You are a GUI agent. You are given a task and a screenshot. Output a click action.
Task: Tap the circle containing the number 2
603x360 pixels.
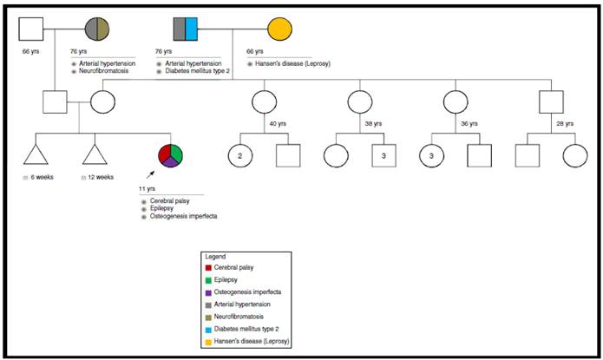pyautogui.click(x=240, y=156)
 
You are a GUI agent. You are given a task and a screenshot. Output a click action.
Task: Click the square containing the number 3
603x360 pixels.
pyautogui.click(x=383, y=156)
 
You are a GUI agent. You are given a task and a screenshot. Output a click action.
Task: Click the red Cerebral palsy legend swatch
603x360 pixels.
pyautogui.click(x=209, y=268)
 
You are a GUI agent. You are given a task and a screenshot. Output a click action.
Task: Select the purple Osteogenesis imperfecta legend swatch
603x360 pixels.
pyautogui.click(x=209, y=292)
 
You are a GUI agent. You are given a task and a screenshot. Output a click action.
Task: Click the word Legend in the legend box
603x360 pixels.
pyautogui.click(x=215, y=257)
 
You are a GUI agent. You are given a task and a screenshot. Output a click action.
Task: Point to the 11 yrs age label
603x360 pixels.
pyautogui.click(x=147, y=188)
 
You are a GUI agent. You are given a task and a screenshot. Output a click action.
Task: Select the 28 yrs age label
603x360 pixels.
pyautogui.click(x=564, y=123)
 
